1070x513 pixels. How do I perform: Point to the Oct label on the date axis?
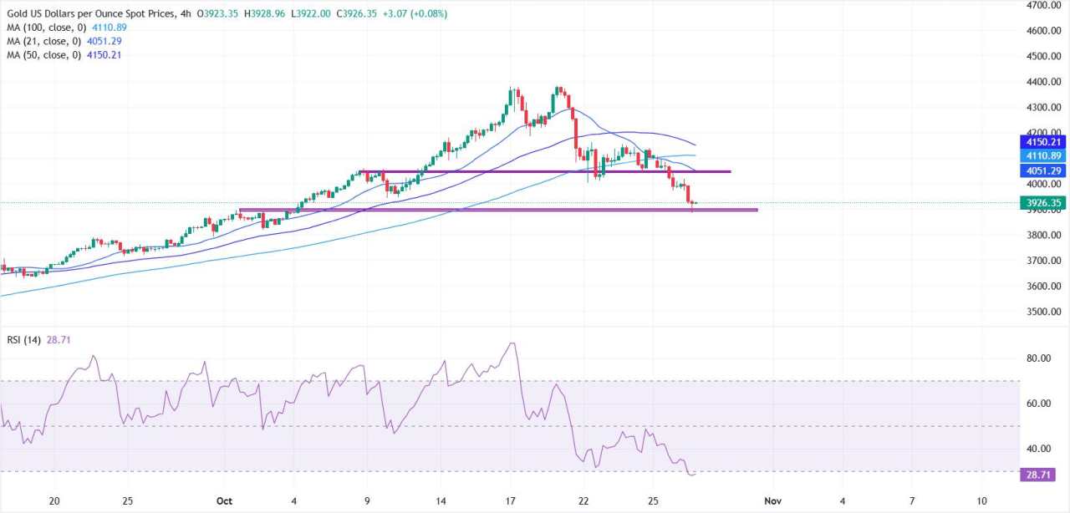tap(222, 500)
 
